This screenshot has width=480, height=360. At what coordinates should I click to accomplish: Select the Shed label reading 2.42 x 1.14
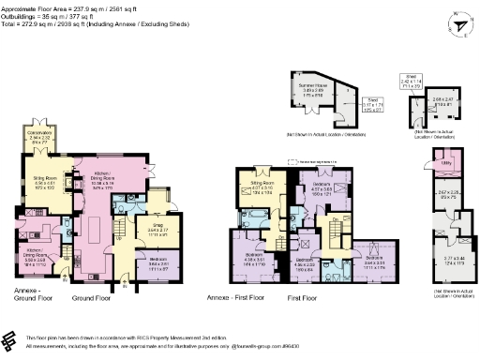411,81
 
